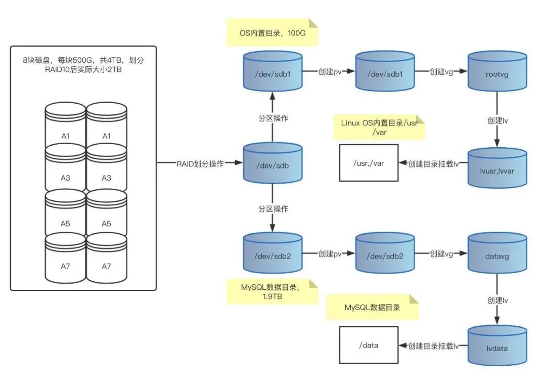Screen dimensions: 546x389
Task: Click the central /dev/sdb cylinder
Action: (x=272, y=163)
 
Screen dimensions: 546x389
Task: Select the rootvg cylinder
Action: (x=497, y=71)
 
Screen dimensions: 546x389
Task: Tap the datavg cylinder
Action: (x=497, y=253)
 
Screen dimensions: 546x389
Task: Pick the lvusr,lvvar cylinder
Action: (x=497, y=168)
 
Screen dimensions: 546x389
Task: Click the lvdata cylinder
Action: (x=497, y=345)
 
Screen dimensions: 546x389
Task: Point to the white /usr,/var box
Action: (x=369, y=163)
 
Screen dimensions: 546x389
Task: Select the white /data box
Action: (x=369, y=345)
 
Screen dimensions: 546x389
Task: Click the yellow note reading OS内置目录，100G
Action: (x=272, y=32)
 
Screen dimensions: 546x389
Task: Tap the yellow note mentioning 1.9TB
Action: (x=272, y=292)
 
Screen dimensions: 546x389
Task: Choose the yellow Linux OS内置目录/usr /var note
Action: (x=379, y=127)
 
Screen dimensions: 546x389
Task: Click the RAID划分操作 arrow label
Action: (x=200, y=164)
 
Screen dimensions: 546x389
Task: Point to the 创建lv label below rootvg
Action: (x=497, y=120)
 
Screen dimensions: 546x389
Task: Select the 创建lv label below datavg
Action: (x=497, y=300)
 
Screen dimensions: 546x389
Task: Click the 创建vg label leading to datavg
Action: (x=441, y=254)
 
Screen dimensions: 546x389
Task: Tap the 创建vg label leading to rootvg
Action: (x=441, y=72)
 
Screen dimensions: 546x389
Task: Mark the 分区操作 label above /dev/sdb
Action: (x=273, y=118)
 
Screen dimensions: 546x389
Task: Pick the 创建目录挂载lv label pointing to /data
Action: (x=433, y=346)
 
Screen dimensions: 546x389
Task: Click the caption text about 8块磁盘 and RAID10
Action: (x=83, y=65)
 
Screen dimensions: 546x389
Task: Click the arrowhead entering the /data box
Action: (x=403, y=345)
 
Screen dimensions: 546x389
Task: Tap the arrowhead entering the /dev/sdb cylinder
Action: (x=239, y=163)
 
